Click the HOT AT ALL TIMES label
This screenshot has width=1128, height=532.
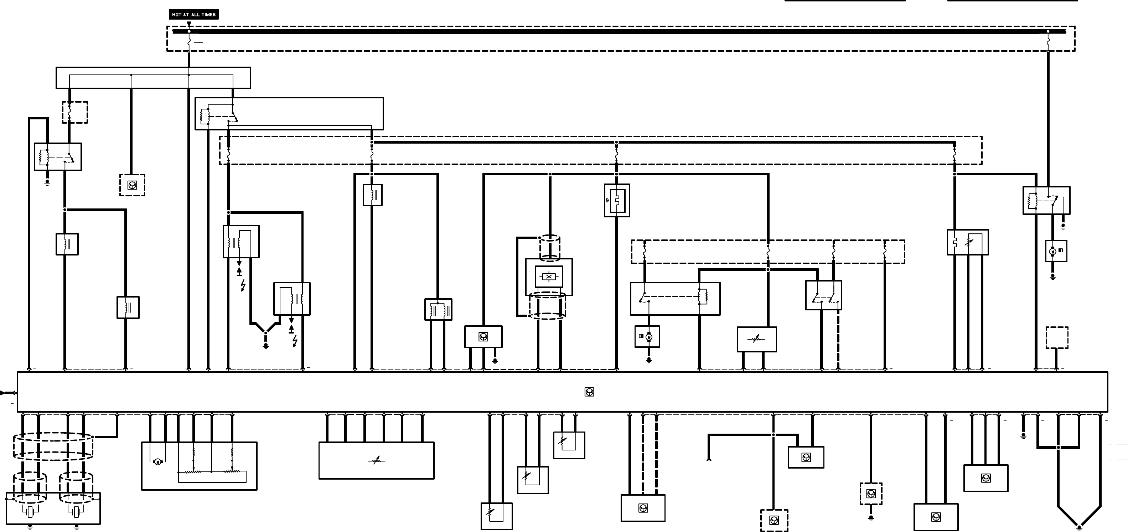tap(193, 15)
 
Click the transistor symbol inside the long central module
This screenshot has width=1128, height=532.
tap(589, 392)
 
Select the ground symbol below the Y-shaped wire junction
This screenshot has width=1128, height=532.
tap(265, 346)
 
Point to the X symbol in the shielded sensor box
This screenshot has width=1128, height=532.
tap(549, 277)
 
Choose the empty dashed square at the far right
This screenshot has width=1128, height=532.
tap(1057, 337)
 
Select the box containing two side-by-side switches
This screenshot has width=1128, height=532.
tap(823, 295)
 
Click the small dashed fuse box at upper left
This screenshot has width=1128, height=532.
tap(75, 112)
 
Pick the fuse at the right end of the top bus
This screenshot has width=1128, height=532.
tap(1048, 42)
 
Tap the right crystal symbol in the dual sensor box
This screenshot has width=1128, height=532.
tap(77, 511)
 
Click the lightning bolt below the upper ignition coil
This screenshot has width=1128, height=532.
tap(243, 285)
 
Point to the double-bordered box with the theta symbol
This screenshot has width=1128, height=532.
tap(616, 201)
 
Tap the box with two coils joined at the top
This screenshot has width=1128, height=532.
tap(438, 310)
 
